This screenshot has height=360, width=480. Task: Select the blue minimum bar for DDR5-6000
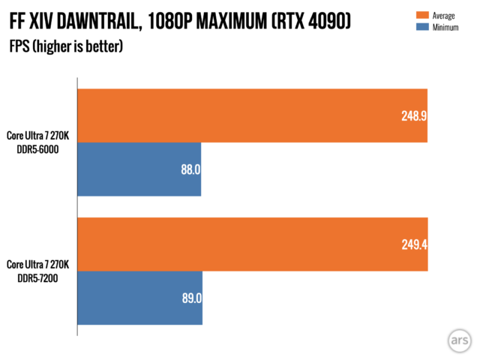pyautogui.click(x=139, y=169)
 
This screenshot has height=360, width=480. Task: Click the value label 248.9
pyautogui.click(x=412, y=115)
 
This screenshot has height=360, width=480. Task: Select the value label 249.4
pyautogui.click(x=413, y=244)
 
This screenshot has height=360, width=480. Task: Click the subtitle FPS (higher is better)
pyautogui.click(x=66, y=47)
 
